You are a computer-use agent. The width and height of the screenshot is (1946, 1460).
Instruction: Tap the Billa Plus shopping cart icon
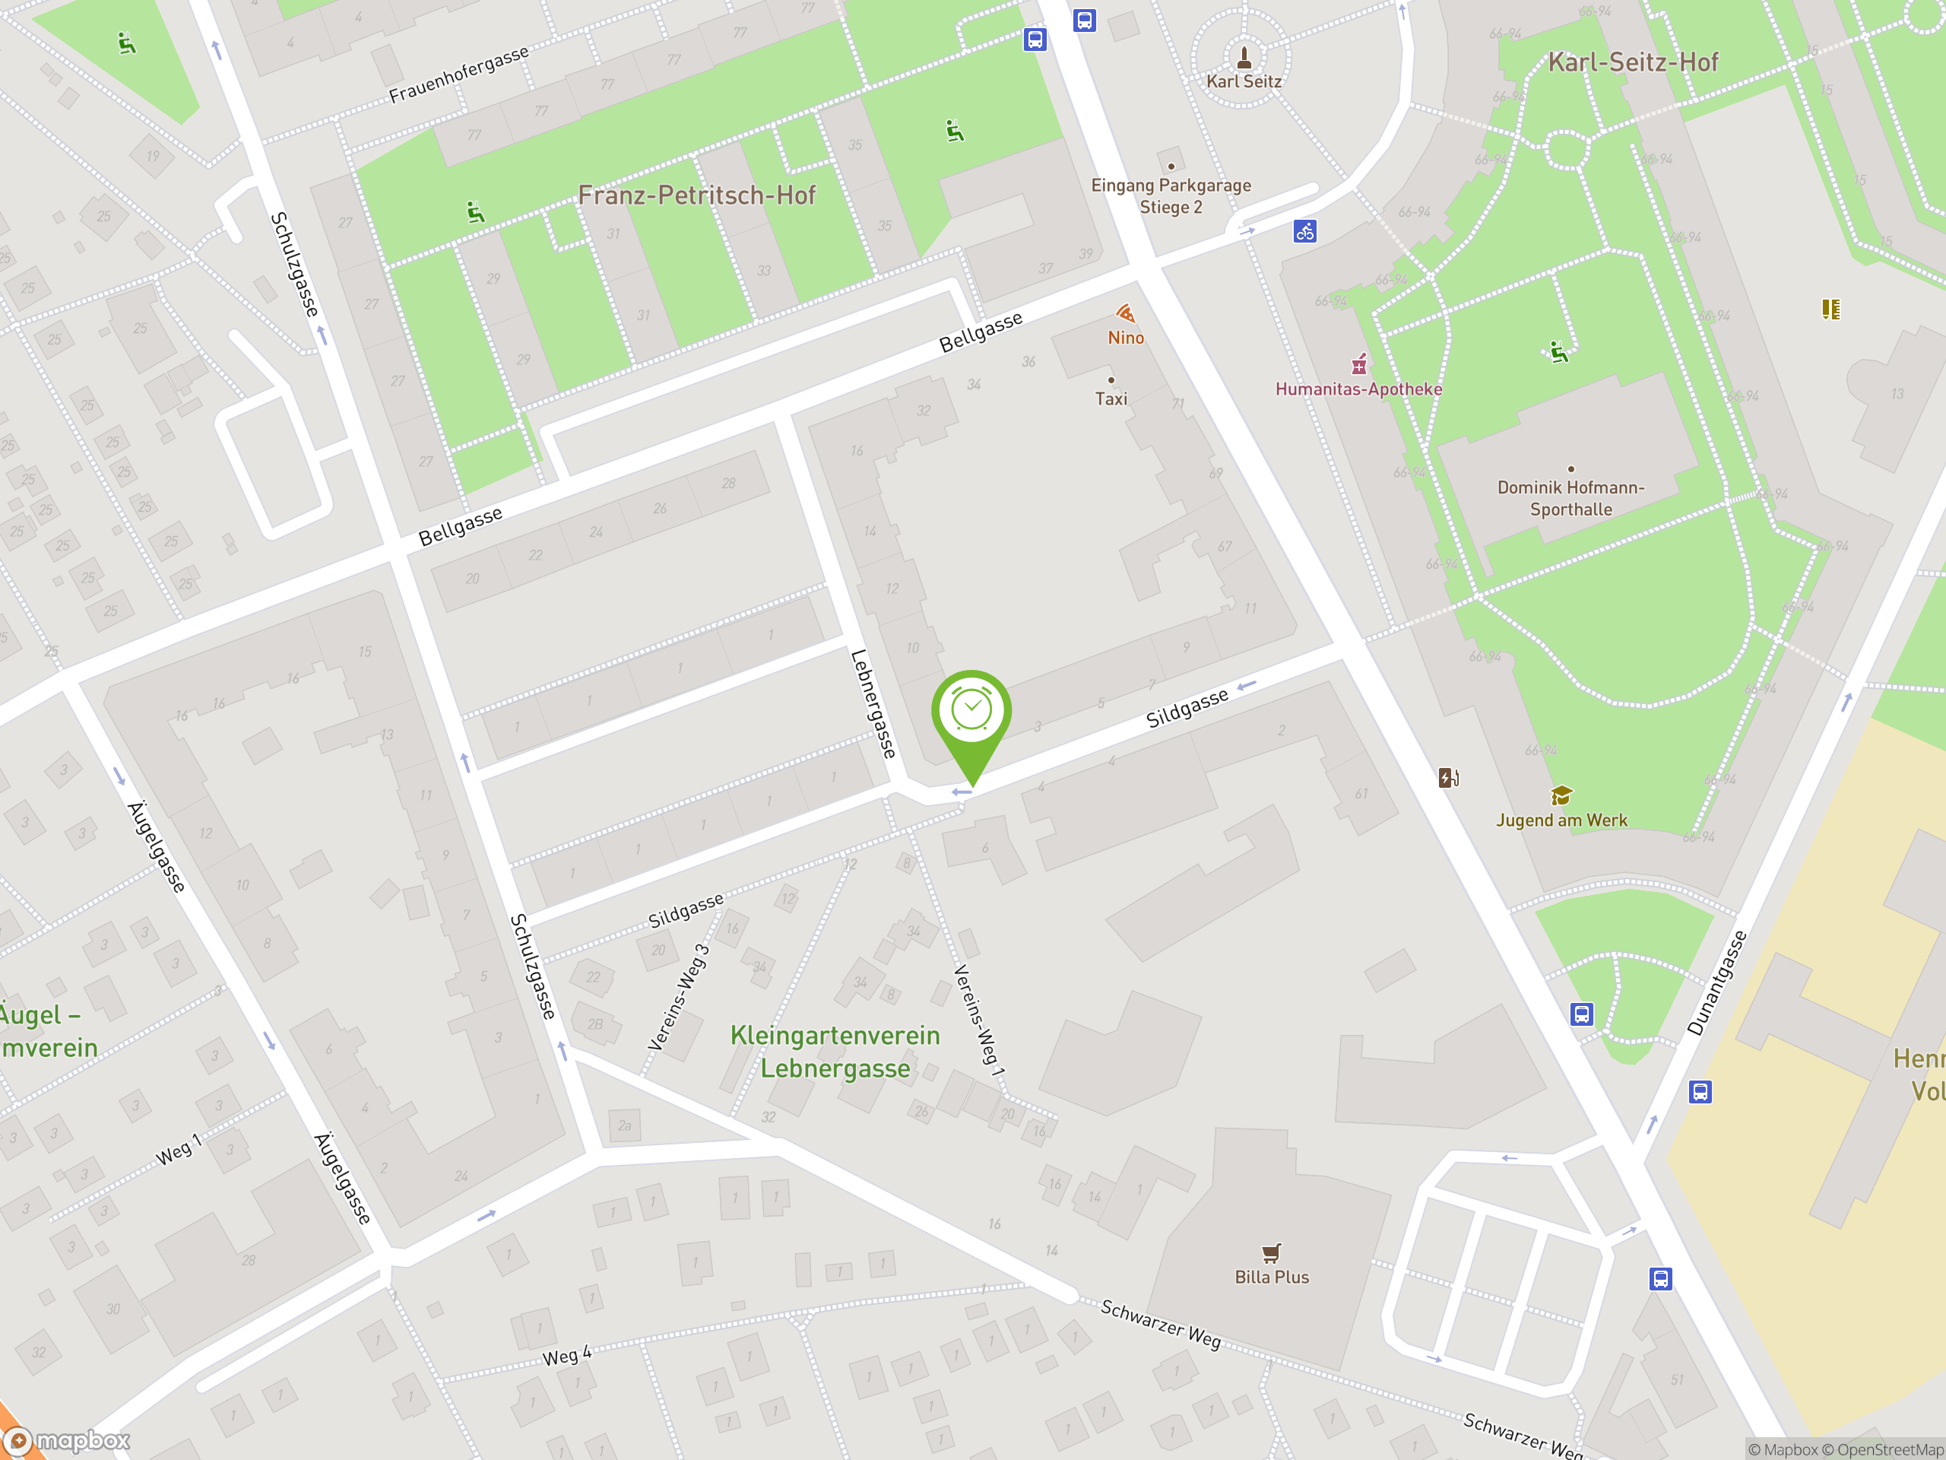click(1271, 1252)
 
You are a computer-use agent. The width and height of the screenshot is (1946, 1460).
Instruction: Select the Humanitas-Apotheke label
click(1358, 389)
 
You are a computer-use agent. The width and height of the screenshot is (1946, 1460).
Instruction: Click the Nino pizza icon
click(1125, 314)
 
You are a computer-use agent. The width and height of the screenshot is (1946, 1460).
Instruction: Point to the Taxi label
click(1111, 398)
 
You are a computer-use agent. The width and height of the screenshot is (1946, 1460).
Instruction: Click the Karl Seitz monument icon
click(1244, 58)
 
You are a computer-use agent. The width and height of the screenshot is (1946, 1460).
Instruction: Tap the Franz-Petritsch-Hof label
click(697, 195)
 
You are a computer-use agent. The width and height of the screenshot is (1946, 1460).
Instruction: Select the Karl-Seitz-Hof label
click(1632, 62)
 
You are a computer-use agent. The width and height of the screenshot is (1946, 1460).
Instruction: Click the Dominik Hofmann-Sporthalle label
click(1570, 498)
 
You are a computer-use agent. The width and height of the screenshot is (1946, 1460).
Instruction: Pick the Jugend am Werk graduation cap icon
click(1561, 795)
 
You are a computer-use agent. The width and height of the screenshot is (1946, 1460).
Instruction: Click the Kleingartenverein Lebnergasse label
click(835, 1052)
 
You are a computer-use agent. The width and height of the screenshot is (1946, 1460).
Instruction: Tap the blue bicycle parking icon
click(1304, 231)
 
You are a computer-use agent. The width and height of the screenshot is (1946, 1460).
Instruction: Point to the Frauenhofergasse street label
click(458, 74)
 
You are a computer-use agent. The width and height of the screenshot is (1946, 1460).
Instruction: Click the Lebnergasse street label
click(873, 704)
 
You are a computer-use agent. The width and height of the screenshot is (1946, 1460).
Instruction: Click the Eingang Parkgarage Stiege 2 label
click(1170, 196)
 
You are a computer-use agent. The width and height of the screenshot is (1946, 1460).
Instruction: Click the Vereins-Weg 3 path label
click(678, 998)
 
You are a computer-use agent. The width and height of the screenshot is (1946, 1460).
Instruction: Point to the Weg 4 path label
click(566, 1356)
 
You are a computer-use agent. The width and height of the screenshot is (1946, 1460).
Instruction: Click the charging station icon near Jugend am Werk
click(1448, 777)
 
